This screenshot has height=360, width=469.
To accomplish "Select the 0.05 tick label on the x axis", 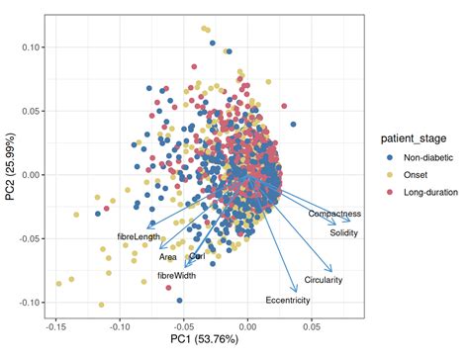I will (x=311, y=324).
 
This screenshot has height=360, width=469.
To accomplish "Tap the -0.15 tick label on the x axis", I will (x=55, y=324).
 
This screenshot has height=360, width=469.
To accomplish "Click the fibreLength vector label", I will (x=139, y=237).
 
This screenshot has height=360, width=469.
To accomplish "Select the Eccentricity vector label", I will (x=288, y=300).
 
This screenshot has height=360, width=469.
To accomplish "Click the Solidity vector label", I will (x=344, y=233).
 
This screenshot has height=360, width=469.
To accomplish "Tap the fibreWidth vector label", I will (x=177, y=276).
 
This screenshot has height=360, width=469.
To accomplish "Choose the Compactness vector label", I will (x=334, y=214).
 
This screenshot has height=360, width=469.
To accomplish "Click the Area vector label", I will (x=168, y=257).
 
